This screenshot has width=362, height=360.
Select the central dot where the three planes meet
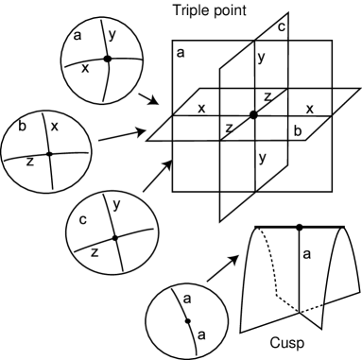pos(252,114)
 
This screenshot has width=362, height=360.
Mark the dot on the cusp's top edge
pos(300,228)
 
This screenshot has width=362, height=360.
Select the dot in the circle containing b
pos(48,152)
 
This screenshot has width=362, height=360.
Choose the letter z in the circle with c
pos(94,253)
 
